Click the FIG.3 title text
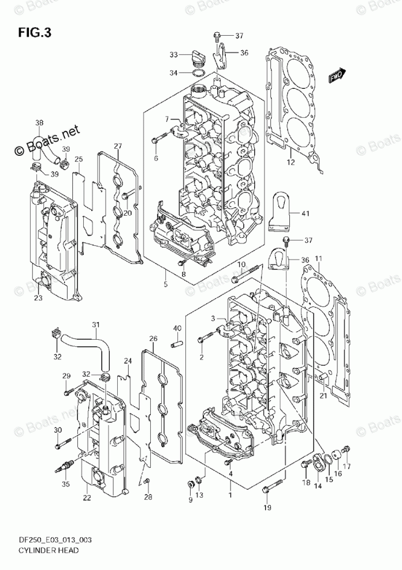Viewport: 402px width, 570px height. pyautogui.click(x=35, y=32)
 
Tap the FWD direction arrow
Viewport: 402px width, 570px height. pyautogui.click(x=337, y=75)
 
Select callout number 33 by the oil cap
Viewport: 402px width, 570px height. pyautogui.click(x=173, y=55)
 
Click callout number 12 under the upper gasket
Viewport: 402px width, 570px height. pyautogui.click(x=291, y=162)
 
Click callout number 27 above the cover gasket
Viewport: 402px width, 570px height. pyautogui.click(x=117, y=146)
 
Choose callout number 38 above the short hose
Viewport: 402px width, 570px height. pyautogui.click(x=39, y=122)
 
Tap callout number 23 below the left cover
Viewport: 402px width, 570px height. pyautogui.click(x=38, y=298)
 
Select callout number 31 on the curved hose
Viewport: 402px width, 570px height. pyautogui.click(x=96, y=325)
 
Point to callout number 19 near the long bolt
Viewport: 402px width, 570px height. pyautogui.click(x=267, y=507)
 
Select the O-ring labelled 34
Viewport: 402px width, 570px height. pyautogui.click(x=197, y=73)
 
